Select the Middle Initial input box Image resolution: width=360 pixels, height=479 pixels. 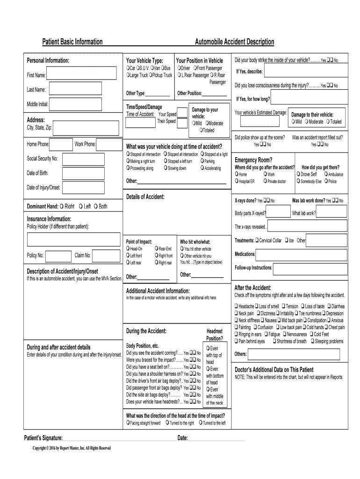(x=82, y=104)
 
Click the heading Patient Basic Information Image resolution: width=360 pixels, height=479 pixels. (x=72, y=42)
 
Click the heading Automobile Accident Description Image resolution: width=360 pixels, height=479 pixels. (x=234, y=42)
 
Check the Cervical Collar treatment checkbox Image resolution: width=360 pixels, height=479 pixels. (x=257, y=240)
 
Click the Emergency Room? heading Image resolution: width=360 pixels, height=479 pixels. (x=253, y=160)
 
